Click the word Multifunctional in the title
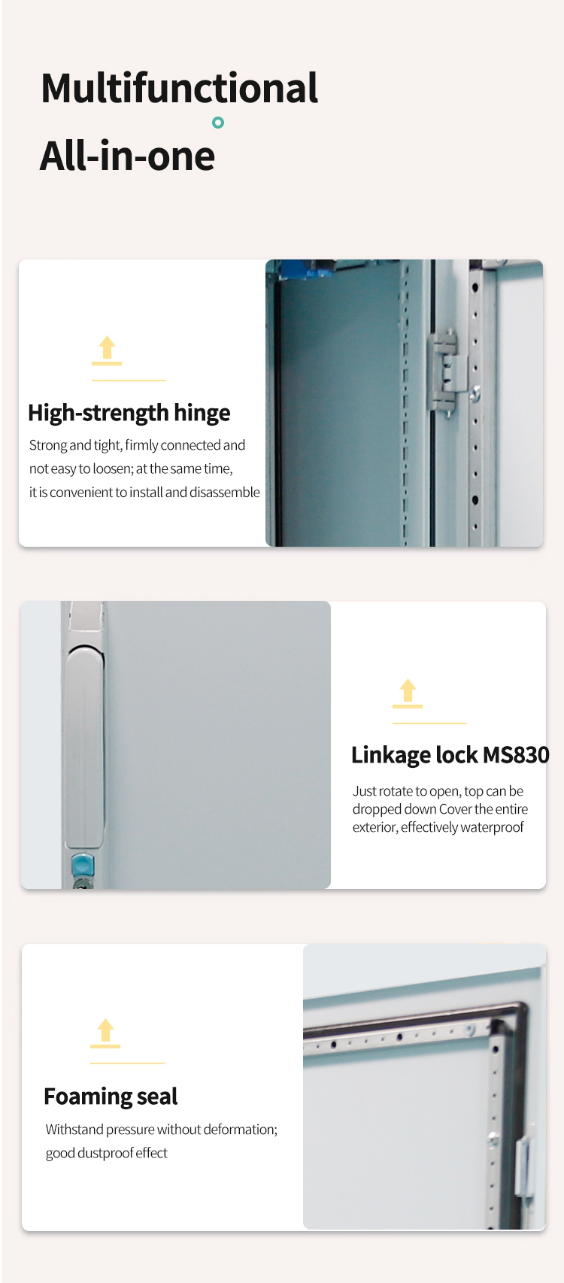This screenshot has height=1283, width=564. point(179,88)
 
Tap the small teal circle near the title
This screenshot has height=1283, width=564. point(218,123)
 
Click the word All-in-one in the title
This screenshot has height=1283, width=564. point(127,156)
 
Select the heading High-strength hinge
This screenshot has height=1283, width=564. point(129,413)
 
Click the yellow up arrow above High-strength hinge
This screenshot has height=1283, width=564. point(107,350)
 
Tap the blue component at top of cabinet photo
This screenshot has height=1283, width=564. point(299,268)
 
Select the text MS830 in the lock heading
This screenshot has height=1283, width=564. point(516,755)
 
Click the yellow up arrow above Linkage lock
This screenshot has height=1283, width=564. point(408,693)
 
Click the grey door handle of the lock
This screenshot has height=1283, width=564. point(84,747)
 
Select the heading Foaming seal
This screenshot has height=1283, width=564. point(111,1096)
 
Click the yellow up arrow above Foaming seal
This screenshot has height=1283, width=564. point(105,1033)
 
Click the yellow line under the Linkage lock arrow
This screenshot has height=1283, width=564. point(429,723)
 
